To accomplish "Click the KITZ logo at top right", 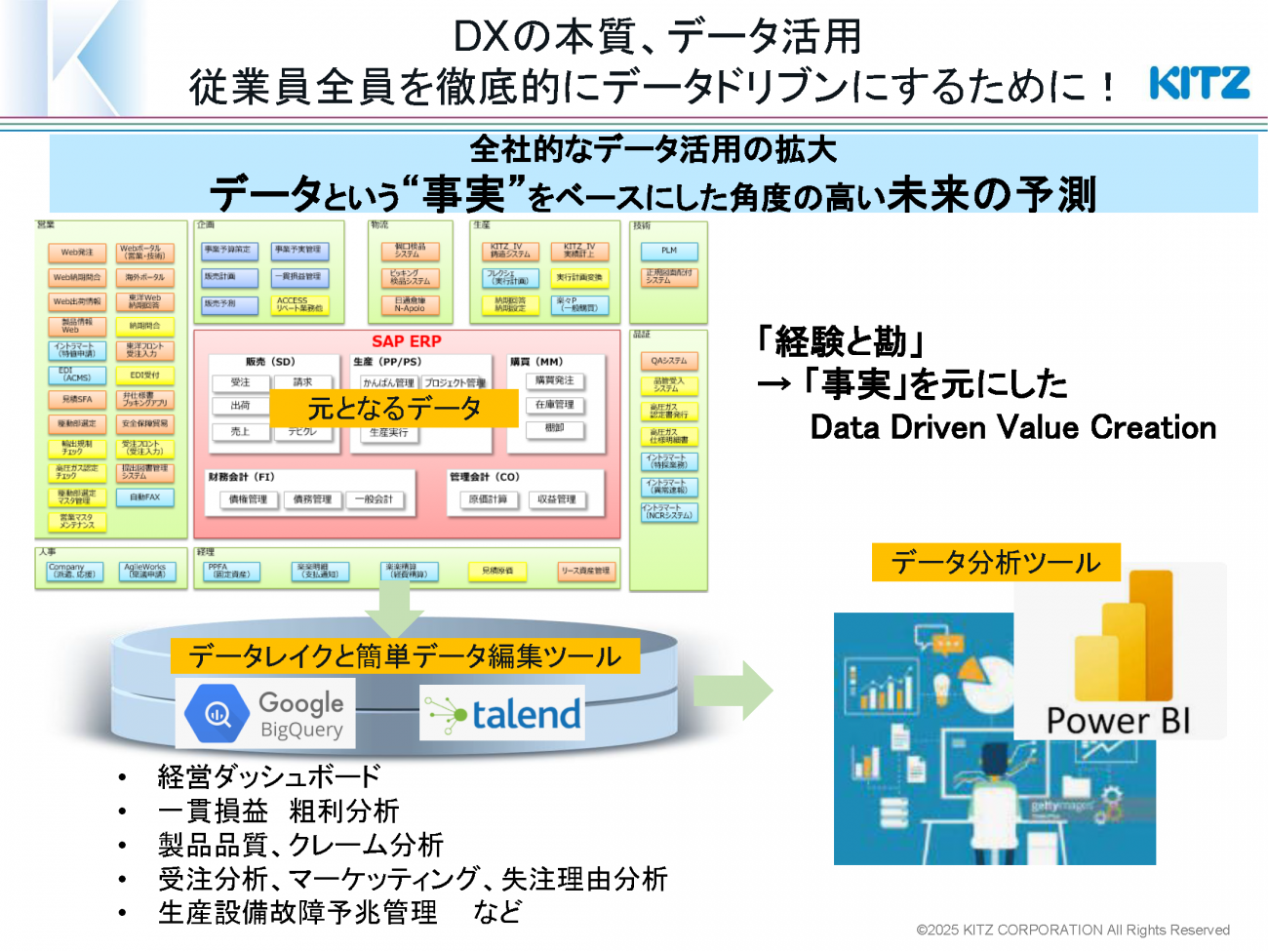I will pos(1199,83).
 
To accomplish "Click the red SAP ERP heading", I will pos(406,341).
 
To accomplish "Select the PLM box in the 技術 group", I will pos(669,251).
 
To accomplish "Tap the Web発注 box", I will pos(77,253).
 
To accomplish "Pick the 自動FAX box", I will pos(145,497).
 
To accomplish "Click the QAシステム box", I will pos(669,361).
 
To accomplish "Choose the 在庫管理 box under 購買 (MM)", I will pos(555,405).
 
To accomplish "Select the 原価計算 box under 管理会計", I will pos(488,499).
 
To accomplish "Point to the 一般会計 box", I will pos(374,499).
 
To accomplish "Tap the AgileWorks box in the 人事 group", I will pos(145,571).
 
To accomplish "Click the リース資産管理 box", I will pos(585,571).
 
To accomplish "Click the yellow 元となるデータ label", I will pos(394,408).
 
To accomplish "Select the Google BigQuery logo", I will pos(265,714).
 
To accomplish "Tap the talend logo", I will pos(502,714).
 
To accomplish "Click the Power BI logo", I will pos(1120,652).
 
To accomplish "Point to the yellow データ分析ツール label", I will pos(996,563).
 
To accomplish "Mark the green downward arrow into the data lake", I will pos(394,611).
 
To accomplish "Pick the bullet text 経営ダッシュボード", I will pos(268,776).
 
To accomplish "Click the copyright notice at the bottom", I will pos(1073,931).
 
